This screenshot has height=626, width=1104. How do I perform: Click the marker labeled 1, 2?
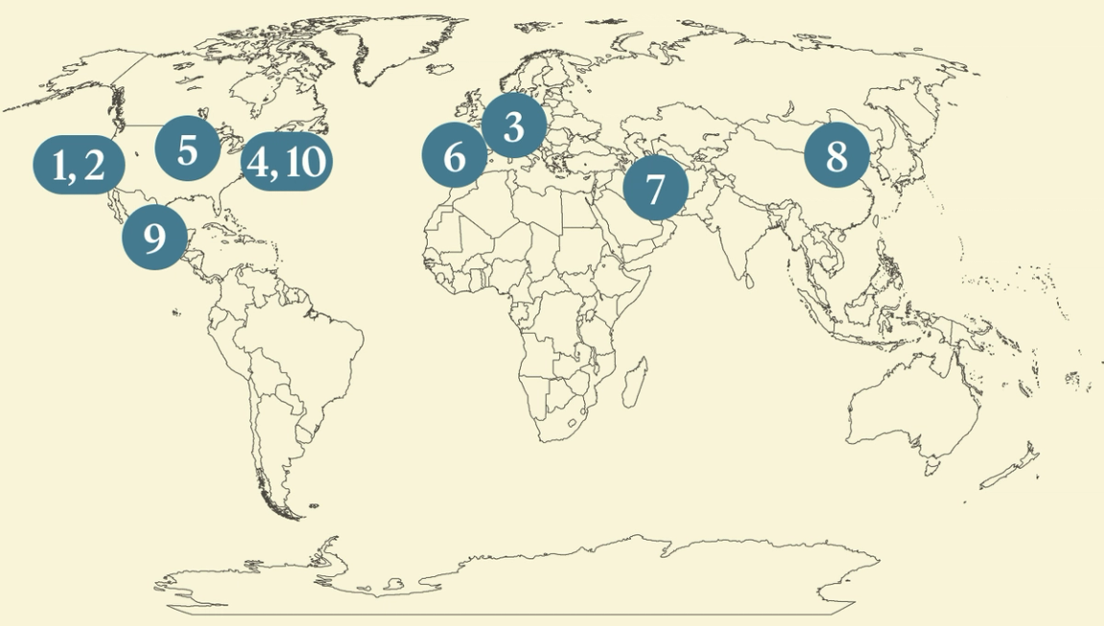point(79,165)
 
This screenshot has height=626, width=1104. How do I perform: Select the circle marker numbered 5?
point(187,149)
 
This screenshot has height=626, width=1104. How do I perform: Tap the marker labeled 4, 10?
point(286,162)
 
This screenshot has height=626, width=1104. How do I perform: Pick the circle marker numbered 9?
point(154,237)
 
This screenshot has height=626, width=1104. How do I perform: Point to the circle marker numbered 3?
point(513,126)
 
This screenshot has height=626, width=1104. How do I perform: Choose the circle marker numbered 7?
point(655,188)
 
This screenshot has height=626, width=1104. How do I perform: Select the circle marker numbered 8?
point(836,155)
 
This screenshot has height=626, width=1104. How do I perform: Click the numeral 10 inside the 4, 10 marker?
point(305,162)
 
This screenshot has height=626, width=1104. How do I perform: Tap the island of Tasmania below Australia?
point(929,468)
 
